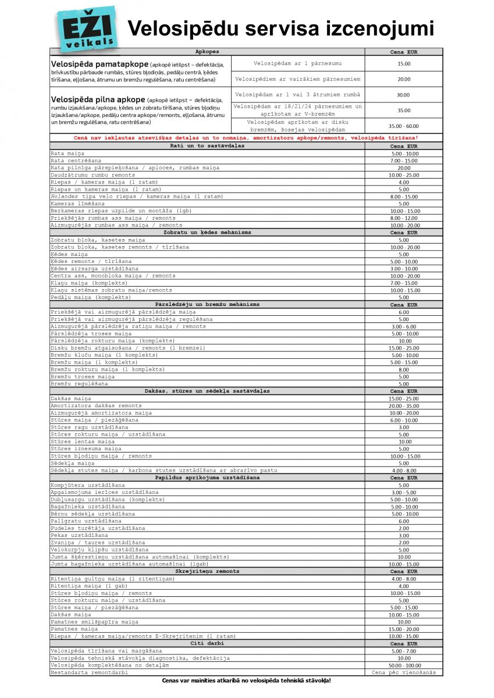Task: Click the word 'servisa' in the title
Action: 302,28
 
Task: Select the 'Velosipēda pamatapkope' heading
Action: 99,63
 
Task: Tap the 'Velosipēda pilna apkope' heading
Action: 98,99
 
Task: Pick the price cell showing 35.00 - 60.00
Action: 403,126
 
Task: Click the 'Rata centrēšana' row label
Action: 76,161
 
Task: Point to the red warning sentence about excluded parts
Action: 246,138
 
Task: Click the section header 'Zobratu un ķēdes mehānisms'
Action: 208,233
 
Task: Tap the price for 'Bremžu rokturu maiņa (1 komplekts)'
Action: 403,369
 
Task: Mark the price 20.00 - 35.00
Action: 403,405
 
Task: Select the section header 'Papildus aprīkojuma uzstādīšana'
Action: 208,478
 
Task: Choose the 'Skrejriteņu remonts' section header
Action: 208,571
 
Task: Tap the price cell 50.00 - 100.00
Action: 403,665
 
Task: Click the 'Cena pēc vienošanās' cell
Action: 403,672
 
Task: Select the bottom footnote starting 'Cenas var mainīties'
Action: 246,680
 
